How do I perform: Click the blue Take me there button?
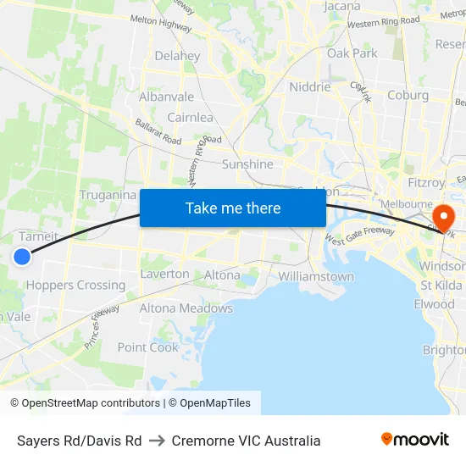[x=233, y=208]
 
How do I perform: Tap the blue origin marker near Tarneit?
[x=23, y=257]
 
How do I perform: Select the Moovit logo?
[x=415, y=440]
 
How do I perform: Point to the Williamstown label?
[x=316, y=276]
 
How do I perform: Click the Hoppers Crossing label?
[x=75, y=285]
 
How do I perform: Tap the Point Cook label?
[x=148, y=347]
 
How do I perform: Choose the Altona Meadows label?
[x=186, y=308]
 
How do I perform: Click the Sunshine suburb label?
[x=247, y=164]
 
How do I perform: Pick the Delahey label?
[x=177, y=56]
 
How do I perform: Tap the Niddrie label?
[x=309, y=86]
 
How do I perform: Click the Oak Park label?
[x=352, y=53]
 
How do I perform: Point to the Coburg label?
[x=408, y=95]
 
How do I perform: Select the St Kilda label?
[x=441, y=285]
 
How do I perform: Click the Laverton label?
[x=164, y=274]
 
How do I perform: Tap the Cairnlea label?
[x=190, y=117]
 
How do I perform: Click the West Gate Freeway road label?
[x=360, y=236]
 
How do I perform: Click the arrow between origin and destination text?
[x=157, y=441]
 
